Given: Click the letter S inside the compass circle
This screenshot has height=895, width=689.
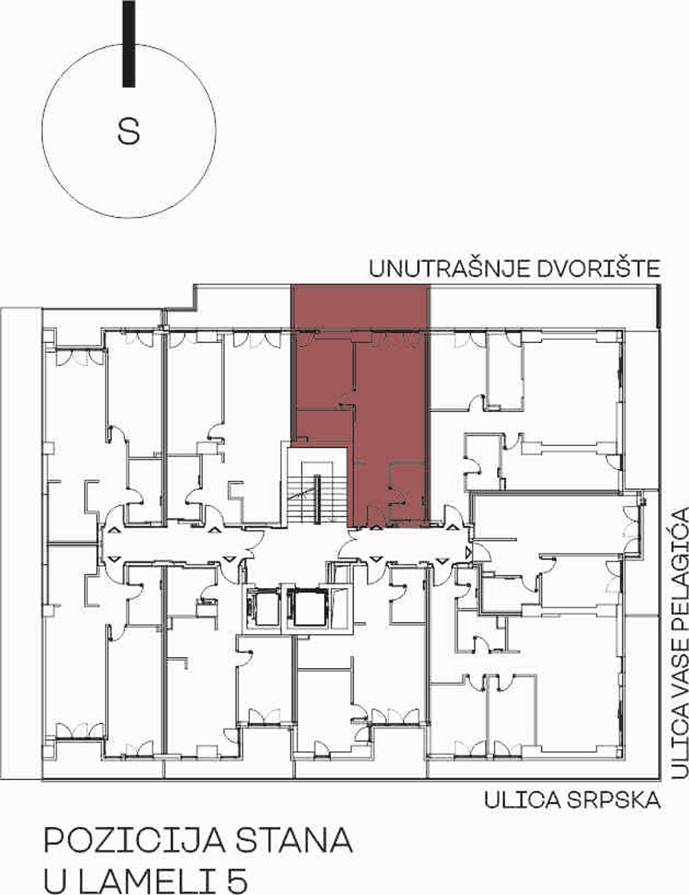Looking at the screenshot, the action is [128, 132].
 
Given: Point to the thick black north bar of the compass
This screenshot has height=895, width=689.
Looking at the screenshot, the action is [129, 43].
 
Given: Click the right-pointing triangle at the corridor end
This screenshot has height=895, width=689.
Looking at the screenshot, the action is [468, 553].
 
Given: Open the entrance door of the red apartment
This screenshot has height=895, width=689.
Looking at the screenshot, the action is [375, 516].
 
